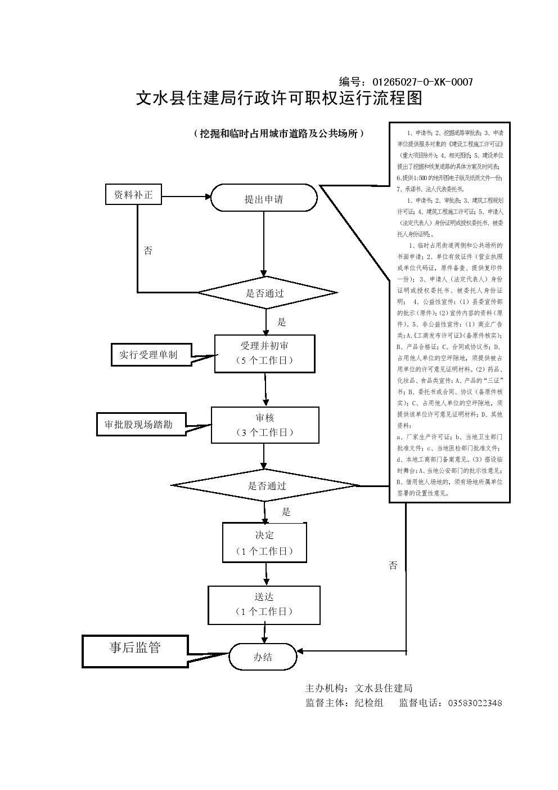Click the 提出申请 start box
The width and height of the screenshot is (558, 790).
pyautogui.click(x=264, y=198)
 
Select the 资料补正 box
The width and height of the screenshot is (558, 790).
pyautogui.click(x=133, y=195)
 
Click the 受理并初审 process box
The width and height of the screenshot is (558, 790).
pyautogui.click(x=264, y=353)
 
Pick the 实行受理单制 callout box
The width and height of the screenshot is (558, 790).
pyautogui.click(x=148, y=355)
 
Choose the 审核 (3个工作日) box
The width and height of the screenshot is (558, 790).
pyautogui.click(x=264, y=425)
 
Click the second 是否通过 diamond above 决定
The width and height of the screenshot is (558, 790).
pyautogui.click(x=267, y=485)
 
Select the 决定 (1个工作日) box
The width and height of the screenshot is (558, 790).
pyautogui.click(x=264, y=542)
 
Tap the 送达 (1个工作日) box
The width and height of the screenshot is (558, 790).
pyautogui.click(x=264, y=604)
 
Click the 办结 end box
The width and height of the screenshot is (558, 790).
pyautogui.click(x=263, y=657)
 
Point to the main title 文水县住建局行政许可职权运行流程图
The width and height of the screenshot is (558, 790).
pyautogui.click(x=279, y=99)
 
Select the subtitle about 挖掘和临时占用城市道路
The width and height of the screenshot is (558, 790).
pyautogui.click(x=279, y=133)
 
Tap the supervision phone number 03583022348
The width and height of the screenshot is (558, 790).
pyautogui.click(x=475, y=703)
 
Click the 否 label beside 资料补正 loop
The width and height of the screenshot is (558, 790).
pyautogui.click(x=148, y=251)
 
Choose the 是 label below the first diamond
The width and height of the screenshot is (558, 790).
pyautogui.click(x=282, y=322)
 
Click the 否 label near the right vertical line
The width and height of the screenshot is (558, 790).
pyautogui.click(x=393, y=565)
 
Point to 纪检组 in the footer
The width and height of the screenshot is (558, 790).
pyautogui.click(x=369, y=703)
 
